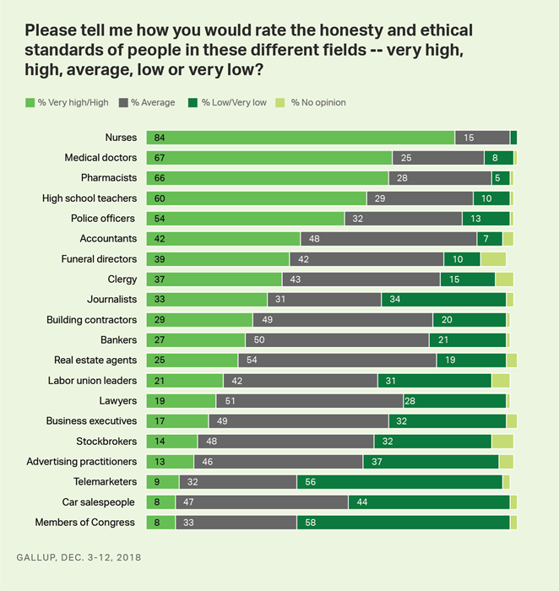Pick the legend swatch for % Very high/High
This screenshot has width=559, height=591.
pyautogui.click(x=30, y=103)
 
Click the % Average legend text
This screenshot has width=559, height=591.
pyautogui.click(x=154, y=103)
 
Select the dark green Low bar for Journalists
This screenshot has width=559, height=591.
pyautogui.click(x=443, y=300)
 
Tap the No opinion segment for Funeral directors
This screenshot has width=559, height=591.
pyautogui.click(x=492, y=259)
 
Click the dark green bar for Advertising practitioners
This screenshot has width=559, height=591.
pyautogui.click(x=431, y=461)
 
